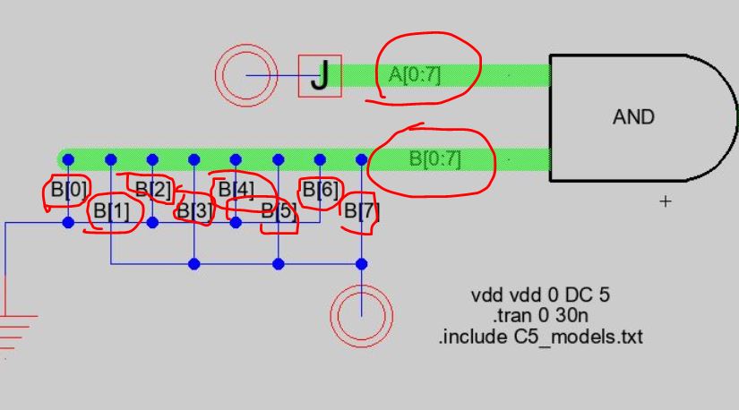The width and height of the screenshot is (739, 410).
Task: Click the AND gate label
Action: click(x=633, y=116)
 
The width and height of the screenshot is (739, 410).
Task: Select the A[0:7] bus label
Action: click(x=415, y=74)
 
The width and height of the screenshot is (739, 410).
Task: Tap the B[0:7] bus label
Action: click(x=434, y=158)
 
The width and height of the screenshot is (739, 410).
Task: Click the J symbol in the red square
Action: click(x=320, y=76)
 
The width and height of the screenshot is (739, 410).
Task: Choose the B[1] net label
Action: click(x=111, y=211)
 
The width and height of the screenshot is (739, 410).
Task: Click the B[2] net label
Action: click(x=152, y=189)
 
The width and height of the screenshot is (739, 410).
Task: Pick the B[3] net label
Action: click(x=194, y=211)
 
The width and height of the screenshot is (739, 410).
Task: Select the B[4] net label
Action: click(x=236, y=190)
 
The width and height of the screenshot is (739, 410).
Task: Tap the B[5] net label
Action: click(x=278, y=211)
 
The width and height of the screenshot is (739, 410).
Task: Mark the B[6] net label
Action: click(x=320, y=190)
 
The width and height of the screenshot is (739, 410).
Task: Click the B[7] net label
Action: click(x=362, y=211)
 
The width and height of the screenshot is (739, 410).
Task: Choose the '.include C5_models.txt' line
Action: click(x=540, y=337)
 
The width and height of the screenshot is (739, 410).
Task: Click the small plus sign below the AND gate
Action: click(x=665, y=202)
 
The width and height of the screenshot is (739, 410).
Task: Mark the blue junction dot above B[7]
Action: click(x=362, y=160)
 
